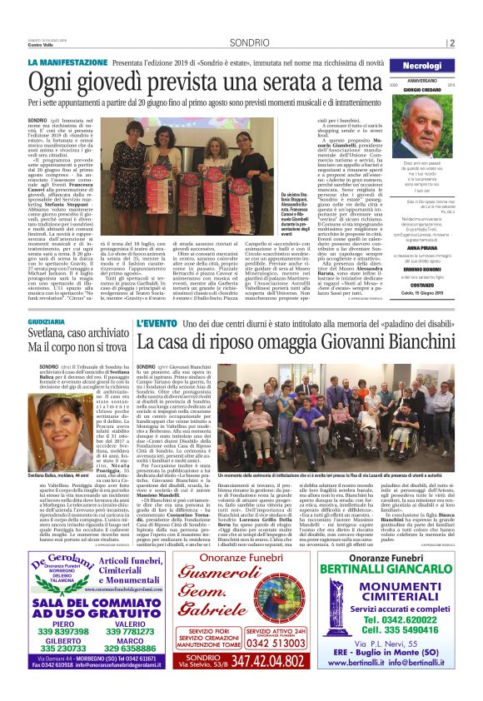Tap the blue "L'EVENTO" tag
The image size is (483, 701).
pos(157,322)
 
